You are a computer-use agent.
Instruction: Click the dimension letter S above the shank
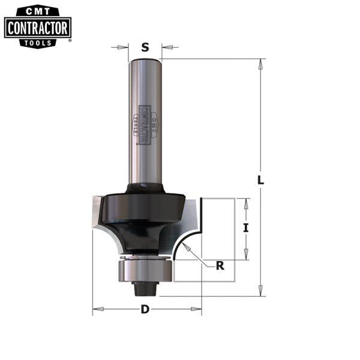click(145, 47)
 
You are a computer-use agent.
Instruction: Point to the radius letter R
click(220, 266)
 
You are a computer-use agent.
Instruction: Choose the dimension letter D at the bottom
click(145, 310)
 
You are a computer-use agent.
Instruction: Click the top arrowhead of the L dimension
click(260, 63)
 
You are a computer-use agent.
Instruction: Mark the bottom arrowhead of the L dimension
click(260, 292)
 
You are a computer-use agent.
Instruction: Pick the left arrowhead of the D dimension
click(97, 311)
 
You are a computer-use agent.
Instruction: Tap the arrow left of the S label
click(125, 47)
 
